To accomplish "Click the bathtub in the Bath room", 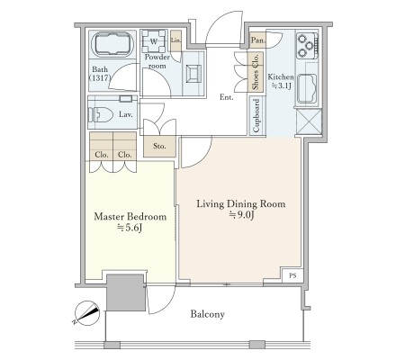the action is pos(112,45).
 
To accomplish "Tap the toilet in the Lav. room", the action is pos(100,114).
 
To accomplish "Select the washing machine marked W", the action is pos(154,41).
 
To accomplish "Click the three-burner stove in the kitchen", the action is pos(307,46).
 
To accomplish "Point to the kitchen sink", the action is pos(307,88).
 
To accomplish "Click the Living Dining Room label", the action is pos(241,204).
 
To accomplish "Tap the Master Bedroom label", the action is pos(130,216).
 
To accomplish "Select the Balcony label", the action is pos(208,314).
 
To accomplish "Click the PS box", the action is pos(292,275).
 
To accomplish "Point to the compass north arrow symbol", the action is pos(87,313).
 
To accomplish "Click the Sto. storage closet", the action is pos(159,147).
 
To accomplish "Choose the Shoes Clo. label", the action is pos(256,72).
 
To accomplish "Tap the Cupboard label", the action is pos(256,115).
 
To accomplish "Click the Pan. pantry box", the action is pos(257,40).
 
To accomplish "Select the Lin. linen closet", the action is pos(175,40).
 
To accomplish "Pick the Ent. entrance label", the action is pos(227,97).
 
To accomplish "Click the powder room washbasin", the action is pos(193,74).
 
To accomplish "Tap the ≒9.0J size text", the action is pos(242,215).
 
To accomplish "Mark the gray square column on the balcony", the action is pos(126,292).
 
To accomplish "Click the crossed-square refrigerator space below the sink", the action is pos(309,121).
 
